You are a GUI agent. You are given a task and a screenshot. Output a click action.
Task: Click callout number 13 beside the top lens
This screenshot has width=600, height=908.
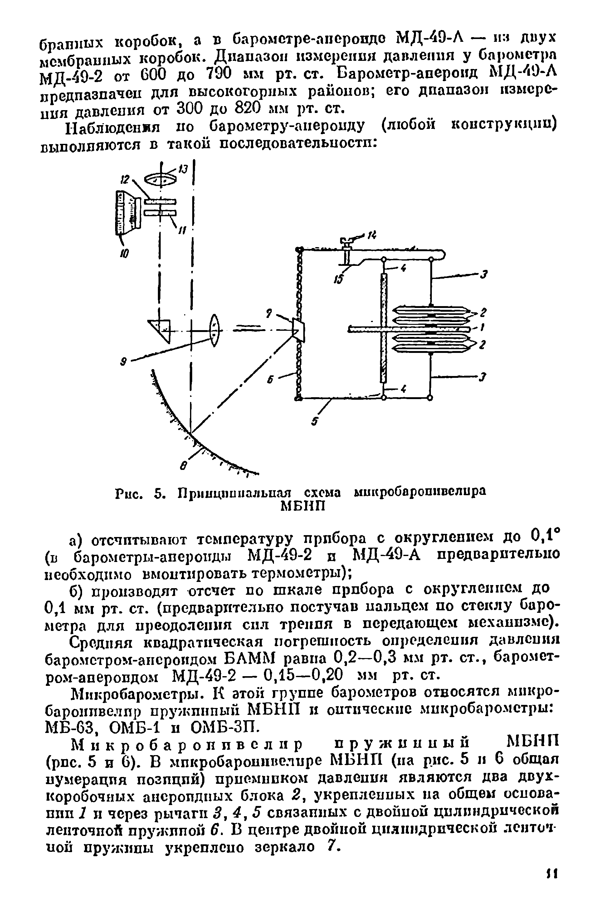click(184, 168)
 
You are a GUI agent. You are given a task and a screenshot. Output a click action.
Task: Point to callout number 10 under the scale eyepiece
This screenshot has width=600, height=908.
click(125, 253)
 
